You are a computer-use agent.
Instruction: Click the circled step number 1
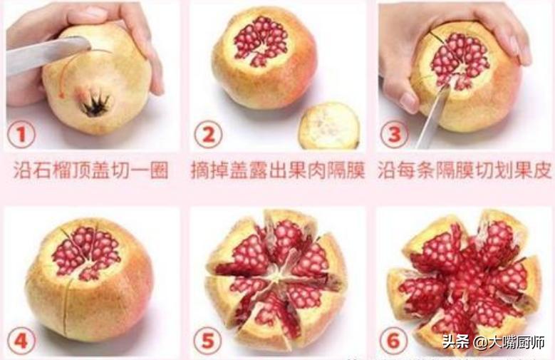(x=22, y=133)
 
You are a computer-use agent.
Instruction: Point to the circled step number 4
(x=22, y=341)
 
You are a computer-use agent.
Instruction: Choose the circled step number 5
(x=208, y=341)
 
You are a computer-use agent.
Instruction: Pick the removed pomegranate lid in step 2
(x=328, y=125)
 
